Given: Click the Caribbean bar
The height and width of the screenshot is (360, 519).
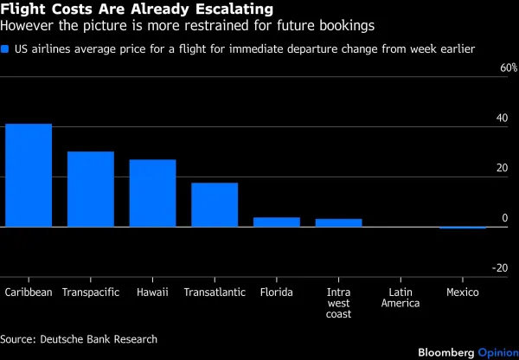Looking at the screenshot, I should point(29,175).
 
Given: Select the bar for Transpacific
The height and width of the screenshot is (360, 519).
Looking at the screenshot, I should point(91,189).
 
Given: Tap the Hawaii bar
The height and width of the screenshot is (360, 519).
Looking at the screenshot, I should point(152,193).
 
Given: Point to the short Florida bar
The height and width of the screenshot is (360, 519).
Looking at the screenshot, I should point(276,222).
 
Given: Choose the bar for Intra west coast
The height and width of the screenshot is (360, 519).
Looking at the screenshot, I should point(338,222).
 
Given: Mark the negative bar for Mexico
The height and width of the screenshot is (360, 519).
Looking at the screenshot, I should point(462,228).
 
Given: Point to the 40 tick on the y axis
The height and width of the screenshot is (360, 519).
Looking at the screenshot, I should point(501,118).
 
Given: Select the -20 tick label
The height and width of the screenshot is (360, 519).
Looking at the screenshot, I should point(499,268).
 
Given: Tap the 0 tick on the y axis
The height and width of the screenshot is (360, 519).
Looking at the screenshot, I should point(504,218).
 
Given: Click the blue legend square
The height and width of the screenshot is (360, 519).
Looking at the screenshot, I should point(7,50).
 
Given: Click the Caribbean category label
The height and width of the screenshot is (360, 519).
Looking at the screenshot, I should point(29,292).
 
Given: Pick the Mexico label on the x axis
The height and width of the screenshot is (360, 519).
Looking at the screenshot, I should point(462,292).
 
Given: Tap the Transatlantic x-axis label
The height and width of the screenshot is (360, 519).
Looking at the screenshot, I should point(215,292).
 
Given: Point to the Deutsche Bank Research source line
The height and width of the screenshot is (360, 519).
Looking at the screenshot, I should point(79,338).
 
